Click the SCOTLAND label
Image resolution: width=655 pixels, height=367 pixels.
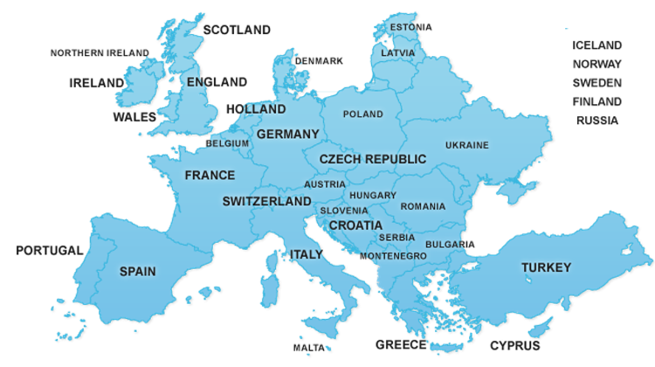(x=237, y=30)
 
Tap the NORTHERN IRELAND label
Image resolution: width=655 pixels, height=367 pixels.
(x=100, y=53)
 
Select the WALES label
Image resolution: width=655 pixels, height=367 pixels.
(x=134, y=116)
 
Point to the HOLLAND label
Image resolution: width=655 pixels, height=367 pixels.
(x=255, y=110)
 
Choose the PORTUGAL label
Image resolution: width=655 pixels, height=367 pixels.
(x=50, y=251)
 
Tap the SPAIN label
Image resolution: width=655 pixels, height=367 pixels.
(x=138, y=272)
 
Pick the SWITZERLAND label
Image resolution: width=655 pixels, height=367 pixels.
(x=266, y=201)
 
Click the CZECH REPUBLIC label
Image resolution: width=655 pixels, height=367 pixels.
(x=373, y=159)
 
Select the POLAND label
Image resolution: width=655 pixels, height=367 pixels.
(x=362, y=114)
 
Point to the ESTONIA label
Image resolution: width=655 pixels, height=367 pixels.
(x=410, y=27)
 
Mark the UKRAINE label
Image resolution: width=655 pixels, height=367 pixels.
(x=467, y=145)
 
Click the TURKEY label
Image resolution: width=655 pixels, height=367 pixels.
(x=546, y=267)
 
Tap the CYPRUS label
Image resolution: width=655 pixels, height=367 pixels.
(x=514, y=345)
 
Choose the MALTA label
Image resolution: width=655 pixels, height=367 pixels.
(x=309, y=348)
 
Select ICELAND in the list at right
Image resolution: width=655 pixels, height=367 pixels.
(x=597, y=45)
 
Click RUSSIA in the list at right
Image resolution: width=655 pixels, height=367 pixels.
(x=597, y=121)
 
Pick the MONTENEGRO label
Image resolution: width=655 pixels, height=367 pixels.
(x=393, y=256)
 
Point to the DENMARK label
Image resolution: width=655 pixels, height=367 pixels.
(x=319, y=61)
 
